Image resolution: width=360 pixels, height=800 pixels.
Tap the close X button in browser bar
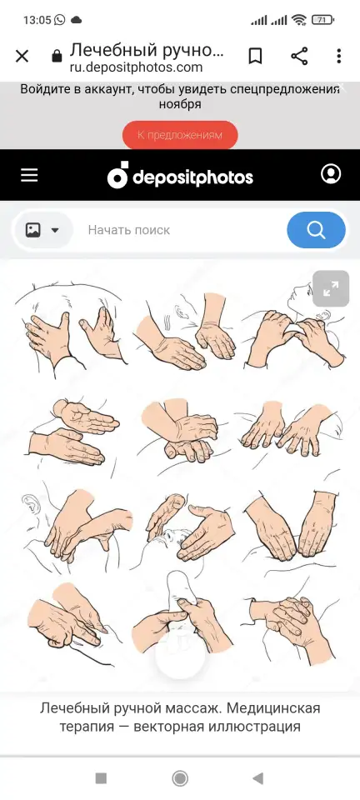(x=22, y=56)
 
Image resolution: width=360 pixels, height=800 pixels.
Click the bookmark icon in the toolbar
(x=255, y=56)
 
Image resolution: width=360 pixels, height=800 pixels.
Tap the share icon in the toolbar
(x=299, y=56)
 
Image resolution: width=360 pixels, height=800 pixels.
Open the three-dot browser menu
(x=338, y=56)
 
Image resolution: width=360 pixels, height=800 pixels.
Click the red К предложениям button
(x=180, y=135)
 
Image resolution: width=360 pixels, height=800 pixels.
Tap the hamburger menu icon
(x=29, y=176)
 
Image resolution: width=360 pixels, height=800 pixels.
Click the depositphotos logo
(x=180, y=176)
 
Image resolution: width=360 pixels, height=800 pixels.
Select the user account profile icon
(x=331, y=174)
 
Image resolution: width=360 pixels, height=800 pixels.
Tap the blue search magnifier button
(x=316, y=230)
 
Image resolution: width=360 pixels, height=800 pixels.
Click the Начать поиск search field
(x=129, y=230)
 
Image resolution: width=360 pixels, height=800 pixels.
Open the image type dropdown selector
(x=42, y=230)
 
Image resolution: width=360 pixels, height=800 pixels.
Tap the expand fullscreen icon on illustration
(x=331, y=289)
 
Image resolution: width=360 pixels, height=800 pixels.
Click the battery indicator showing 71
(x=322, y=20)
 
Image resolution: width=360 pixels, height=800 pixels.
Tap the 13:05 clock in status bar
(x=37, y=20)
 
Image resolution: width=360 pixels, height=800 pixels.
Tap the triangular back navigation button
(x=258, y=778)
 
